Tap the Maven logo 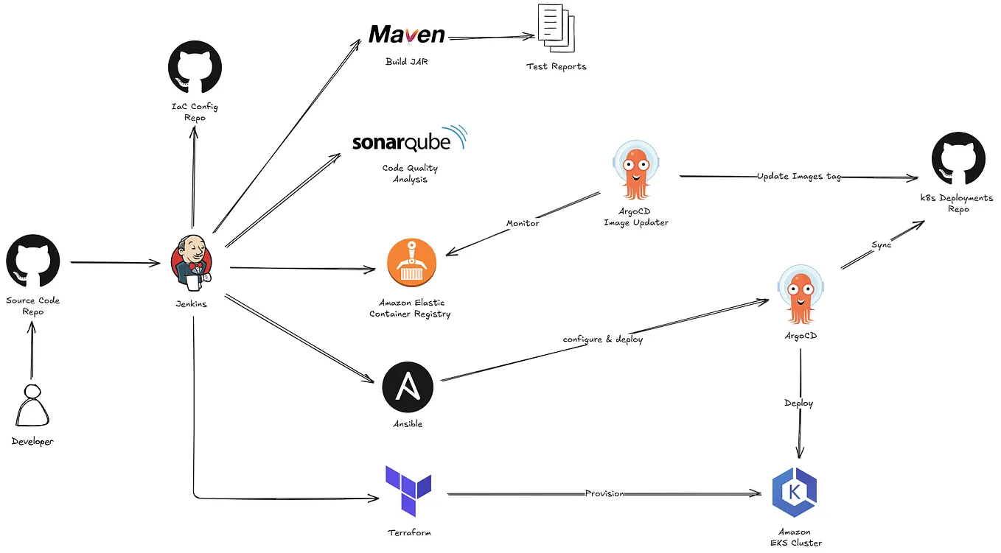click(407, 35)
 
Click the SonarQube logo click(409, 140)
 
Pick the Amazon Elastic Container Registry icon click(411, 264)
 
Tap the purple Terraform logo click(408, 490)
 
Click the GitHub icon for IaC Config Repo click(195, 68)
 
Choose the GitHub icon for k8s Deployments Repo click(958, 159)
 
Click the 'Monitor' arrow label click(522, 223)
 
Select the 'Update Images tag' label click(798, 177)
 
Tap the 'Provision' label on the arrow click(604, 493)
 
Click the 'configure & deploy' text click(602, 339)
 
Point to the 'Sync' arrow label click(881, 244)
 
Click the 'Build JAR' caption click(406, 62)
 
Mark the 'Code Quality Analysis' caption click(410, 174)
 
